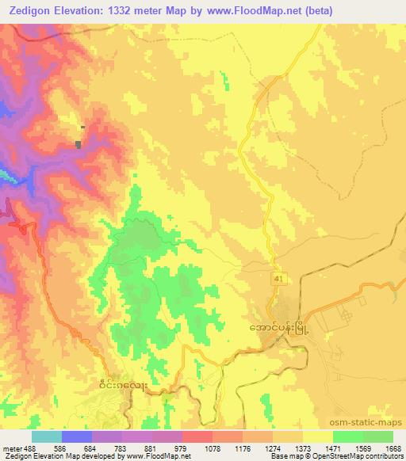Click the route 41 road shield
coord(274,280)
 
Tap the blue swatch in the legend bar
coord(76,436)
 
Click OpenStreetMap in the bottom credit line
coord(328,456)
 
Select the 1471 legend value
coord(331,448)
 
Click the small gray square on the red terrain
coord(78,144)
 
